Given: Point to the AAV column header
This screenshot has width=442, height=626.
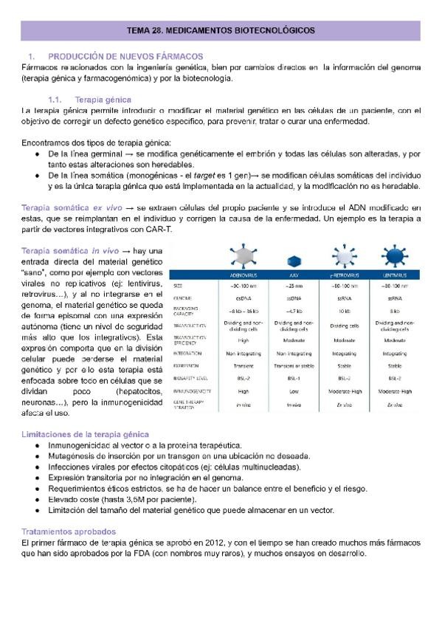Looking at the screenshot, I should [294, 275].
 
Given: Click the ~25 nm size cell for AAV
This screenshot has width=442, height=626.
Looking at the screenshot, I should [294, 285].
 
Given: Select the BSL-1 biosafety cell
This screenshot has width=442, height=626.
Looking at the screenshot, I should [294, 376].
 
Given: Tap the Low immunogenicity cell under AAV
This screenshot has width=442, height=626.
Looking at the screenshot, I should [294, 391].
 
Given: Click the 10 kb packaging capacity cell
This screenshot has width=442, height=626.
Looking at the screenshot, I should [343, 311].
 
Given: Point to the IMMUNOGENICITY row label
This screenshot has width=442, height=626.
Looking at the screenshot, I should [193, 391].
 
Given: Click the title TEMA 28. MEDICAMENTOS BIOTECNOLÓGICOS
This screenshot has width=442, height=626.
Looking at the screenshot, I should [221, 30].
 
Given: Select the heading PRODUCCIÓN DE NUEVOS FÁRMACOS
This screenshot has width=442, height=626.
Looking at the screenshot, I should [125, 56].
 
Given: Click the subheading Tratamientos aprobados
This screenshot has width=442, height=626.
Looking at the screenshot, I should [69, 532].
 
